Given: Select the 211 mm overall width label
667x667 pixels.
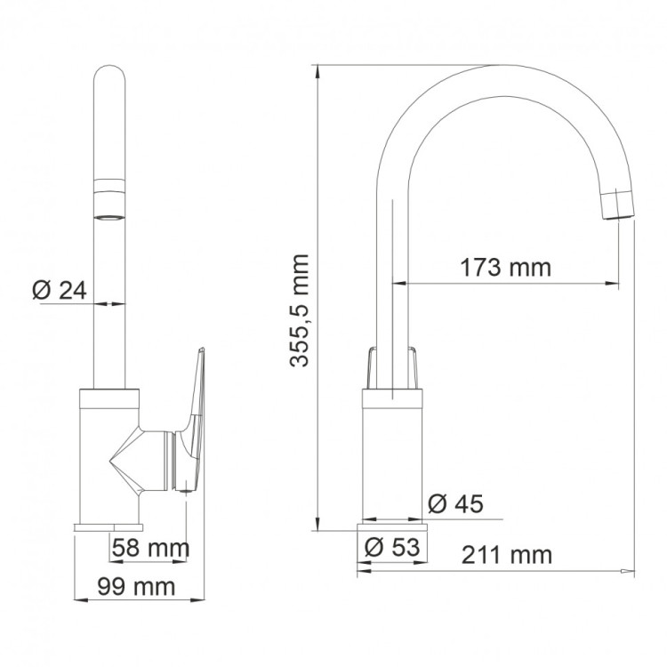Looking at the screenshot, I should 507,556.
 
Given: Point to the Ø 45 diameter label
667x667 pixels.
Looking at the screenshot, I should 455,504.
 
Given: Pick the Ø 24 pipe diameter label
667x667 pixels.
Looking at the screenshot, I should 59,290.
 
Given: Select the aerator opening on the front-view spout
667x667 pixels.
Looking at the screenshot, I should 111,214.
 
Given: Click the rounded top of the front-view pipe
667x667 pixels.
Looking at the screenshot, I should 110,76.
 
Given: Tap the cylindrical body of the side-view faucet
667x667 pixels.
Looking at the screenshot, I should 393,454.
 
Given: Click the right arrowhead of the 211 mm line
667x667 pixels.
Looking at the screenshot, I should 629,570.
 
